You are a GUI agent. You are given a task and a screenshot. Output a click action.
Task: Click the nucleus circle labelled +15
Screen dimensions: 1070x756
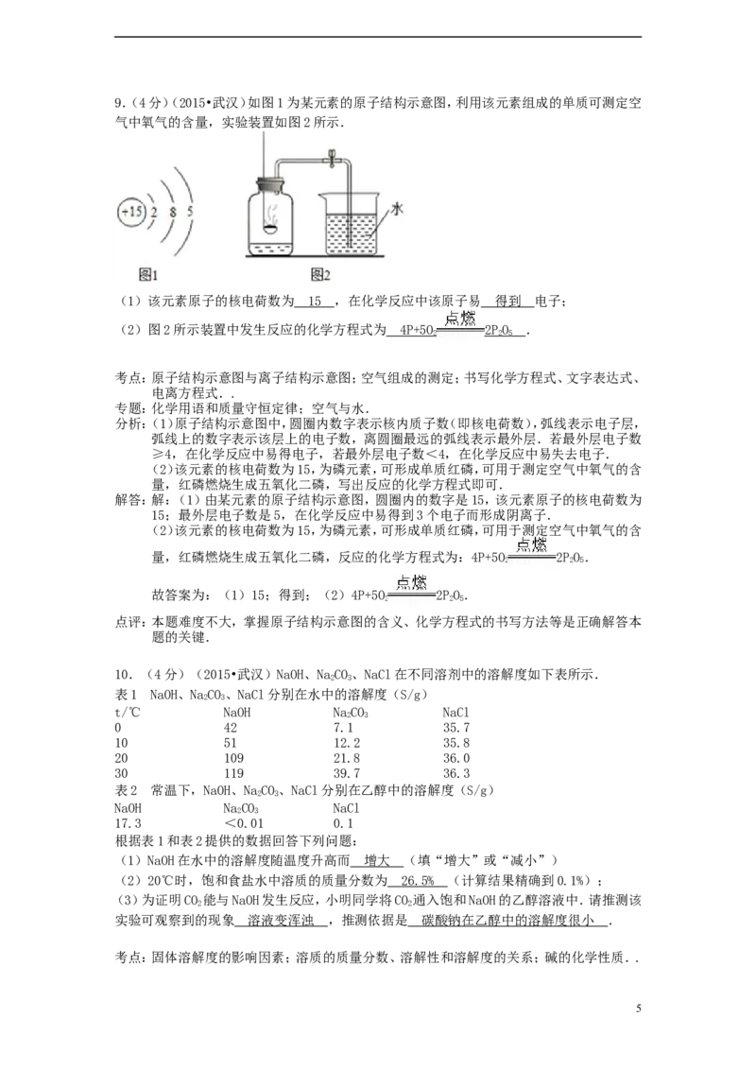point(131,212)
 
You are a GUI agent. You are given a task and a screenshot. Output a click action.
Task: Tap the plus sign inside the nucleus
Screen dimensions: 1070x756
point(124,212)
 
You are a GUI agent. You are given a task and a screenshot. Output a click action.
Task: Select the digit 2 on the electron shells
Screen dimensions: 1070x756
point(154,213)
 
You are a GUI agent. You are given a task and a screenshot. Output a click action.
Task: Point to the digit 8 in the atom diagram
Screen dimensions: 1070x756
point(173,213)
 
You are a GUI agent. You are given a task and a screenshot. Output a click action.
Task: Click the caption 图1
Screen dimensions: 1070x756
point(147,275)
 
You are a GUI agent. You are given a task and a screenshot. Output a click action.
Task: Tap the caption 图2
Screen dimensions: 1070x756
point(320,275)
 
